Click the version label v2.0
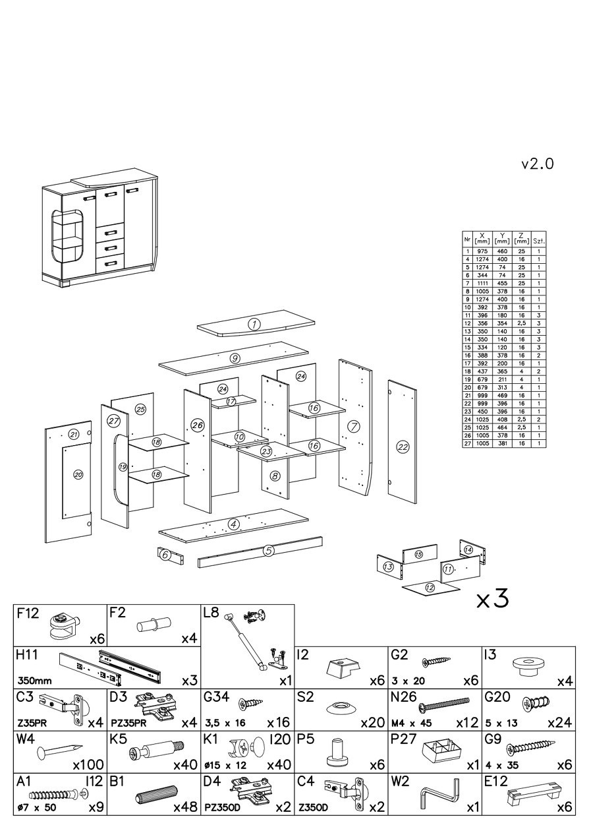(537, 164)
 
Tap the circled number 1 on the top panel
(254, 324)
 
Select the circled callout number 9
(235, 358)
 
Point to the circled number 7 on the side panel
(354, 426)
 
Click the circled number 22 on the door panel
(403, 447)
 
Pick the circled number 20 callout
(78, 474)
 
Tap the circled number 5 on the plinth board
(268, 551)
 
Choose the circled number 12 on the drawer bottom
(430, 587)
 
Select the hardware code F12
(28, 613)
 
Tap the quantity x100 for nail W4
(88, 765)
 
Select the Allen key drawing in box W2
(439, 796)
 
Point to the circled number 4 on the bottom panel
(233, 524)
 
